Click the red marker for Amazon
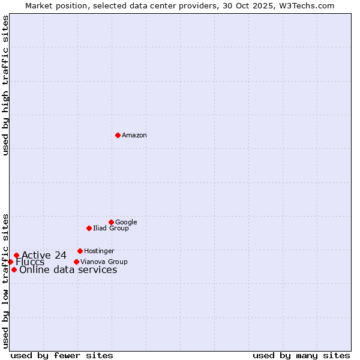coord(118,135)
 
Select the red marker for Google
coord(111,222)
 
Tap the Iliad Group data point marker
coord(89,228)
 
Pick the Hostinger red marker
coord(80,251)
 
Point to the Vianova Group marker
coord(76,262)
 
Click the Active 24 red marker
coord(16,255)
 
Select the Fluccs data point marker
coord(10,262)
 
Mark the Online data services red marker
coord(14,269)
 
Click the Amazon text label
coord(134,136)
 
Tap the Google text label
coord(126,222)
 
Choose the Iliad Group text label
coord(111,228)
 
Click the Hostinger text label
coord(99,251)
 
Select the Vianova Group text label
coord(104,262)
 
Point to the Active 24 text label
coord(44,255)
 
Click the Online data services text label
coord(68,269)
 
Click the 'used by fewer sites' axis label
coord(62,355)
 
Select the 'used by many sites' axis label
coord(301,355)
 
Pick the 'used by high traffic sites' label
coord(5,85)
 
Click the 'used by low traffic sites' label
coord(5,280)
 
